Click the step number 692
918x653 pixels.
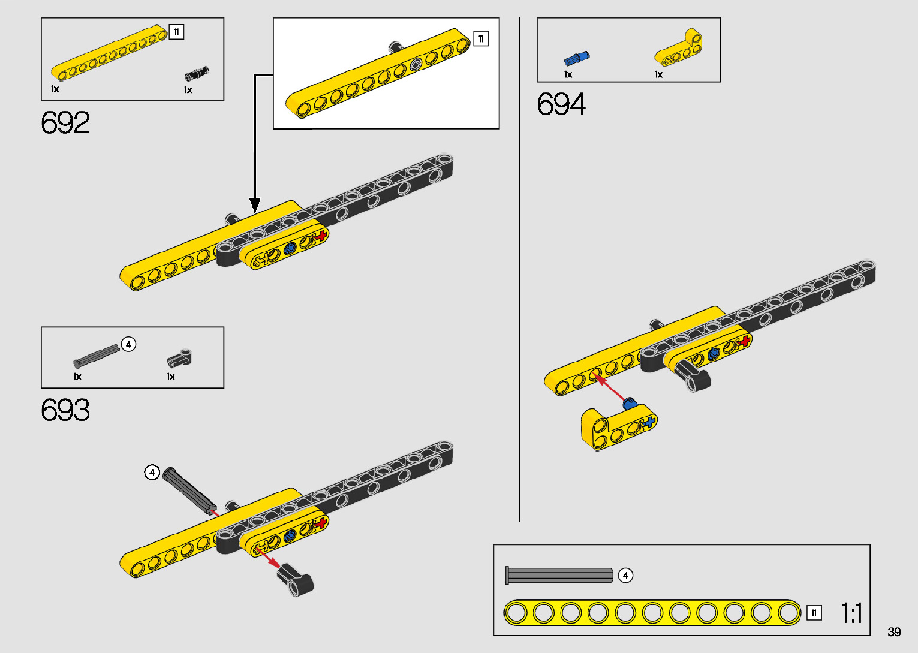tap(65, 123)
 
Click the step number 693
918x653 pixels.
tap(65, 411)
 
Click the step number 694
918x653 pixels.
tap(561, 104)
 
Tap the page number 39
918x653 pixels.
tap(894, 632)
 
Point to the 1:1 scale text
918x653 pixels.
tap(851, 613)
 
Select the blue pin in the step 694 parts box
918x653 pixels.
tap(577, 58)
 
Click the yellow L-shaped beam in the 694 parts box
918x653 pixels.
tap(679, 50)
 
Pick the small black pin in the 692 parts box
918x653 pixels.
tap(197, 73)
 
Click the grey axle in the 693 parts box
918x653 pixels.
tap(96, 356)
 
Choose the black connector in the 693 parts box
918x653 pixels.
tap(179, 359)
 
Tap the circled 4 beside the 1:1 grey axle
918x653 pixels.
tap(625, 576)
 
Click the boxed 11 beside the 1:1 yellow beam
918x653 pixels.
tap(814, 613)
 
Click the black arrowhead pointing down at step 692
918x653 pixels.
tap(255, 205)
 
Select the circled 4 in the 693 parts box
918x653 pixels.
tap(128, 344)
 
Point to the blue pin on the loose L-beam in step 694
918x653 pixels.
tap(629, 403)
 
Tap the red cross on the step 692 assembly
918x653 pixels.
tap(322, 235)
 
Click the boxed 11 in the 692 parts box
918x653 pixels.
tap(176, 32)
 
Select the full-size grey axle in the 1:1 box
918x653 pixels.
tap(559, 576)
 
